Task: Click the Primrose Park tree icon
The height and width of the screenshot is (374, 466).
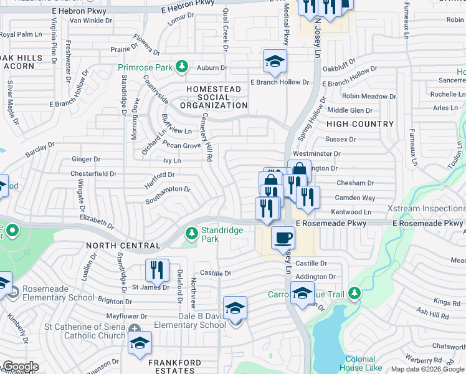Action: pos(181,65)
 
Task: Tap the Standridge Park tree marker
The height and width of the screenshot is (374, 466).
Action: pos(191,234)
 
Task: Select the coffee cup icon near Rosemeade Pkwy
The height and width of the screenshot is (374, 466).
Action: pos(283,237)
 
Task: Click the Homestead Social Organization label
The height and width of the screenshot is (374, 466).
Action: pos(214,97)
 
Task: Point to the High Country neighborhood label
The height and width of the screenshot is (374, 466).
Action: pos(360,124)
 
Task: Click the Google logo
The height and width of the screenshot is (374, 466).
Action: pos(20,367)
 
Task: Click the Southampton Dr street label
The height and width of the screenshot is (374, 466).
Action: pos(168,194)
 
